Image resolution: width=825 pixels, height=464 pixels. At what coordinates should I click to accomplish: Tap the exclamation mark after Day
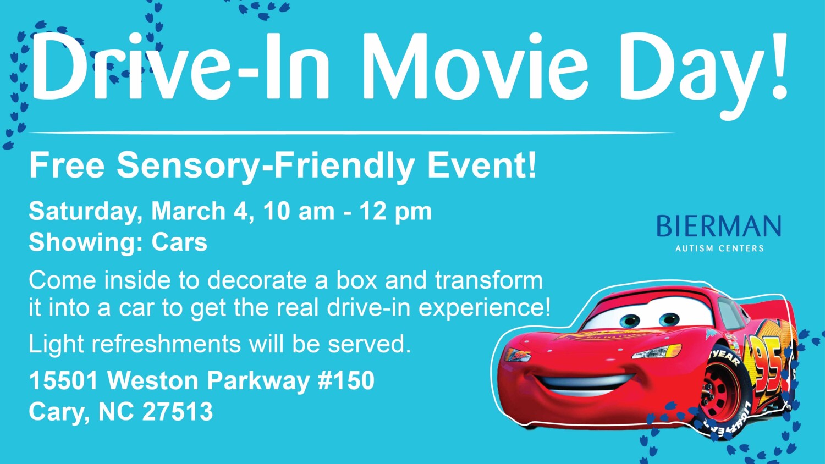point(778,67)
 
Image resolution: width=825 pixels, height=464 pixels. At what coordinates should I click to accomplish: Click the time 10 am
point(299,211)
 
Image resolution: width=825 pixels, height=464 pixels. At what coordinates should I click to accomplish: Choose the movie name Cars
point(179,242)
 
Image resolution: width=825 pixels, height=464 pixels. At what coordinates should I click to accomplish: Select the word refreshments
point(166,344)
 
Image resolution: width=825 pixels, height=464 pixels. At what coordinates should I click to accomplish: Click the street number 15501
point(64,380)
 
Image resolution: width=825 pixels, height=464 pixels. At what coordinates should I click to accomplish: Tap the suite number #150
point(346,380)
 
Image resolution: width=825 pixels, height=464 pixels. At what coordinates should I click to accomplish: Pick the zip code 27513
point(178,411)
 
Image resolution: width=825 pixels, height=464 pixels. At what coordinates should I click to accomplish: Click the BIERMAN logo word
point(718,226)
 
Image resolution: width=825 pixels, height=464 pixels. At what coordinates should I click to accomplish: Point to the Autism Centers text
point(719,248)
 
